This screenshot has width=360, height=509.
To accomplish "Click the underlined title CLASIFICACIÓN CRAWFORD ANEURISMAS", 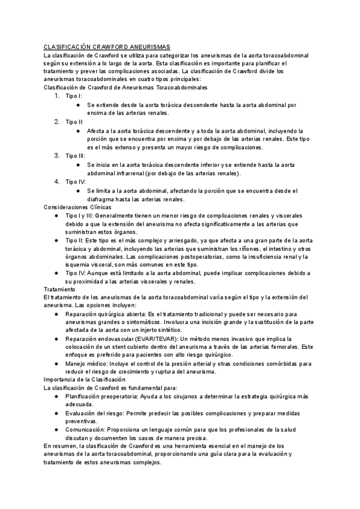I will click(107, 47).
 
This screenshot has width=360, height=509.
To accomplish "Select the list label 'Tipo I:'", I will click(74, 96).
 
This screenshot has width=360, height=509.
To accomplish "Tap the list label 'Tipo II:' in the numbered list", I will click(74, 122).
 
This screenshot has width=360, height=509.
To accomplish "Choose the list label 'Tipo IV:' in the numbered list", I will click(76, 181).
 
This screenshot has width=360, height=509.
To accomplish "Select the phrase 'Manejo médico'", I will click(86, 364).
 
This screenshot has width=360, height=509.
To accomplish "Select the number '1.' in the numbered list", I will click(57, 96).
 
